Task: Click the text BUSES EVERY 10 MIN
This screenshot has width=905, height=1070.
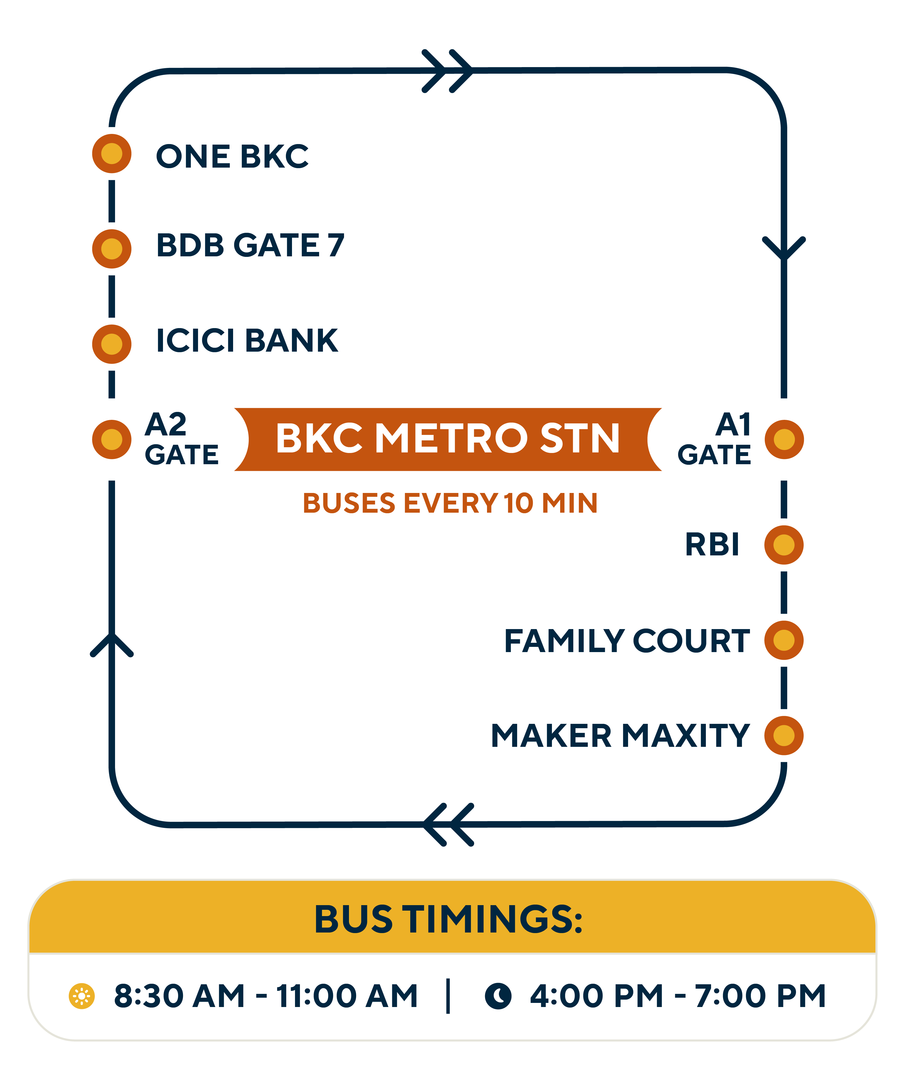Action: (x=450, y=503)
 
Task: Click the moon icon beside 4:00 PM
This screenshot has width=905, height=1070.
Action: (x=498, y=996)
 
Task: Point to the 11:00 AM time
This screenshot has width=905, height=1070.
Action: (x=347, y=996)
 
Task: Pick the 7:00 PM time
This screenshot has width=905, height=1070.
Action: (x=760, y=996)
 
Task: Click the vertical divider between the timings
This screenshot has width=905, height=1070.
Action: (x=448, y=996)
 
